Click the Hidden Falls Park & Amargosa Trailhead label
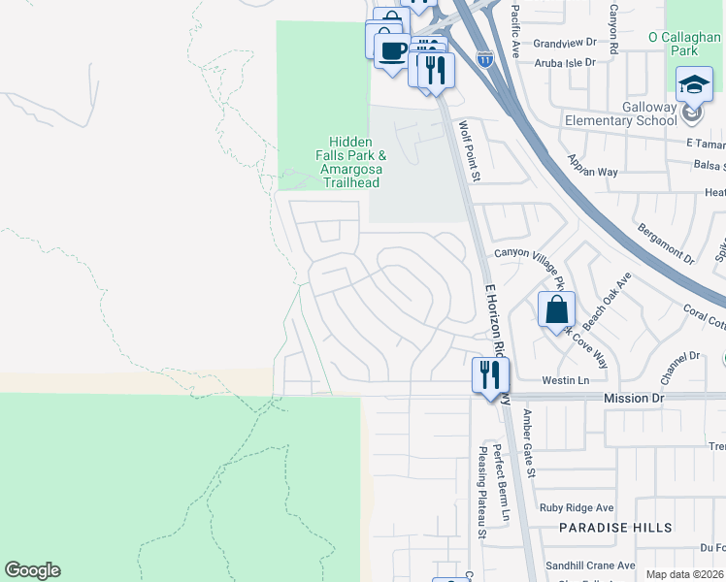pos(349,162)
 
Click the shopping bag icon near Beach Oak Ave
pos(557,310)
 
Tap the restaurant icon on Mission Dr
pos(490,374)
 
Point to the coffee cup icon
pos(392,51)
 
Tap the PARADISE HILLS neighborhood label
pos(615,528)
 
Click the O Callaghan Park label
pos(686,44)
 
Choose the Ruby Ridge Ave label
pos(577,507)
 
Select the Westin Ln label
pos(565,380)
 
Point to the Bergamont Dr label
pos(666,242)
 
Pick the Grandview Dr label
pos(564,44)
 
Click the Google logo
pos(33,570)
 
